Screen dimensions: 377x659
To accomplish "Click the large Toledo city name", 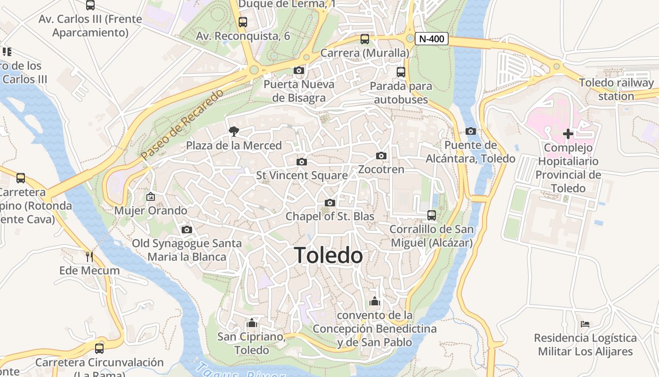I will [x=329, y=255].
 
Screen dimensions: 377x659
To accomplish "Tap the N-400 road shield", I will [x=431, y=39].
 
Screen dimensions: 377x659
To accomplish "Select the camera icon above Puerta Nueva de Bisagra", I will [x=298, y=71].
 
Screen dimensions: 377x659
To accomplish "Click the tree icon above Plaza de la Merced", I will [x=233, y=131].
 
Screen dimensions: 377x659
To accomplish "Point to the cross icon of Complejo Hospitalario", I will [x=568, y=134].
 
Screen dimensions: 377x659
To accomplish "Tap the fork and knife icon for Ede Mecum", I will [x=89, y=257].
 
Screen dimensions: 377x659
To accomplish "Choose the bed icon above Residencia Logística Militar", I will [x=585, y=324].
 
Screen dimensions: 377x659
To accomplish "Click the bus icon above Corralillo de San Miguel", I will [x=431, y=215].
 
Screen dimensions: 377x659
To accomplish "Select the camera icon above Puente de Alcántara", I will [x=470, y=131].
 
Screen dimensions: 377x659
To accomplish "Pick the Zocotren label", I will [x=381, y=169].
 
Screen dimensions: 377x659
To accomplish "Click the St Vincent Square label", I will [x=302, y=175].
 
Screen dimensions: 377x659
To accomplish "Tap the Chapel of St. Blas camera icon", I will [x=330, y=203].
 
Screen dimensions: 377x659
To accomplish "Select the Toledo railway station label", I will [x=616, y=90].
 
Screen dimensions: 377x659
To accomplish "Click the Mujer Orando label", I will [x=151, y=211].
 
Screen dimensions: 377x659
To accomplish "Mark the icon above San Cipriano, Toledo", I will [x=252, y=323].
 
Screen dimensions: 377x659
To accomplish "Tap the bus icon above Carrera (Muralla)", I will [x=365, y=39].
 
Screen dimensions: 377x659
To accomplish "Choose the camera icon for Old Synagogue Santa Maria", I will [x=187, y=230].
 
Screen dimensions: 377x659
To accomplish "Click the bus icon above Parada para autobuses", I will [x=401, y=72].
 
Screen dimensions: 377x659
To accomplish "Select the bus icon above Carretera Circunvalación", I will [x=99, y=349].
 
